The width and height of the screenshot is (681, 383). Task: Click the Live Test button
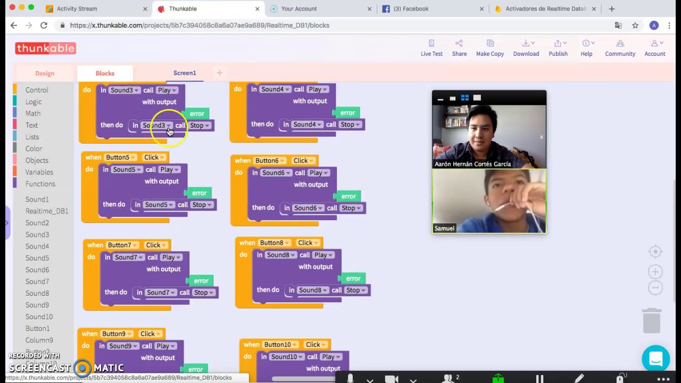(x=431, y=48)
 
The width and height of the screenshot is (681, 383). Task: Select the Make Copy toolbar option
(x=489, y=48)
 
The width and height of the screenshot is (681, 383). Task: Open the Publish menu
(x=558, y=48)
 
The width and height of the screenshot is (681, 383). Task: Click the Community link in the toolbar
(x=620, y=48)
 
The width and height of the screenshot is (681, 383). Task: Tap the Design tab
(x=45, y=73)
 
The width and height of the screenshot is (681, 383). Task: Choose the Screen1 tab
(x=185, y=73)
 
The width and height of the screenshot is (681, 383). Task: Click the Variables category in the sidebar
(x=39, y=172)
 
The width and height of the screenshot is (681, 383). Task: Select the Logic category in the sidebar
(x=33, y=102)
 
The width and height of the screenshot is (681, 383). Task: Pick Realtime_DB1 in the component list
(x=47, y=211)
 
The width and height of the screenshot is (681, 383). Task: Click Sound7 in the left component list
(x=37, y=281)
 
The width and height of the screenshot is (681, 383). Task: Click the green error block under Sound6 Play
(x=348, y=196)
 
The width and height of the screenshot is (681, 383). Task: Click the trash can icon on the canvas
(x=652, y=320)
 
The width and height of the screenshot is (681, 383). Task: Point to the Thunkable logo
(x=46, y=48)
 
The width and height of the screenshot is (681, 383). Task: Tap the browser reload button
(x=44, y=25)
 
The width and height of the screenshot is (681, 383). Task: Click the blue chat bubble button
(x=655, y=359)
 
